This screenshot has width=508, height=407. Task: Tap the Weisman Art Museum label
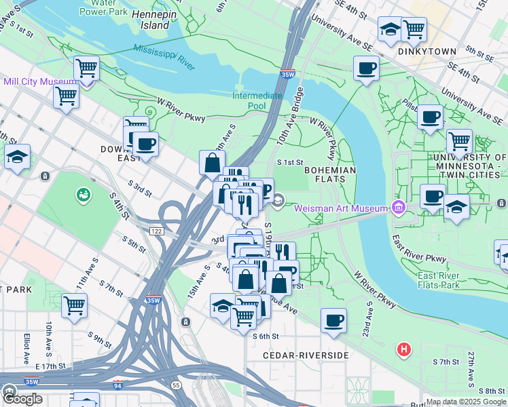pyautogui.click(x=340, y=208)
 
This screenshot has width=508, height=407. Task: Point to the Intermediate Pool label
pyautogui.click(x=257, y=100)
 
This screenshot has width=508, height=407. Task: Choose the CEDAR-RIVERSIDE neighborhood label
pyautogui.click(x=306, y=355)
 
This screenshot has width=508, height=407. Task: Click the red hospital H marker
pyautogui.click(x=404, y=350)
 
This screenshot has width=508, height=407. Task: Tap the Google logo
pyautogui.click(x=22, y=399)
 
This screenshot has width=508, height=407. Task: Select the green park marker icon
pyautogui.click(x=83, y=195)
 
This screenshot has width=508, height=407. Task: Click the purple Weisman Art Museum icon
pyautogui.click(x=400, y=207)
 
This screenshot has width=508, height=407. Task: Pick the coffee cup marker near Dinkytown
pyautogui.click(x=366, y=68)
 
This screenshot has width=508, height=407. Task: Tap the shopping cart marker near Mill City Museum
pyautogui.click(x=66, y=95)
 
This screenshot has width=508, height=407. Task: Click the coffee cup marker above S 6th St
pyautogui.click(x=333, y=320)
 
